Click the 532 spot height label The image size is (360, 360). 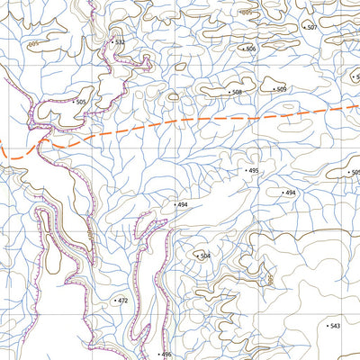pyautogui.click(x=121, y=42)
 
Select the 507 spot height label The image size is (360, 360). pyautogui.click(x=312, y=28)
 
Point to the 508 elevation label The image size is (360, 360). pyautogui.click(x=238, y=93)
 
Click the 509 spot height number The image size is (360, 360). pyautogui.click(x=282, y=89)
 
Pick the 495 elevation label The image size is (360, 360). pyautogui.click(x=254, y=170)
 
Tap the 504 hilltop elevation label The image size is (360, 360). pyautogui.click(x=205, y=256)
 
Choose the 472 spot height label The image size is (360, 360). pyautogui.click(x=123, y=301)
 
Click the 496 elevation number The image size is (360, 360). pyautogui.click(x=166, y=355)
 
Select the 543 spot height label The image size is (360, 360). pyautogui.click(x=336, y=326)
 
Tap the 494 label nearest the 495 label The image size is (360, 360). pyautogui.click(x=290, y=193)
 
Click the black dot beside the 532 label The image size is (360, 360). pyautogui.click(x=112, y=42)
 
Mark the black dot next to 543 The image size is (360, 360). pyautogui.click(x=327, y=326)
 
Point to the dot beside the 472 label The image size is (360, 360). pyautogui.click(x=115, y=301)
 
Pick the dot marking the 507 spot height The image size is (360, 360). pyautogui.click(x=305, y=28)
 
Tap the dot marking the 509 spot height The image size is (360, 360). pyautogui.click(x=274, y=89)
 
